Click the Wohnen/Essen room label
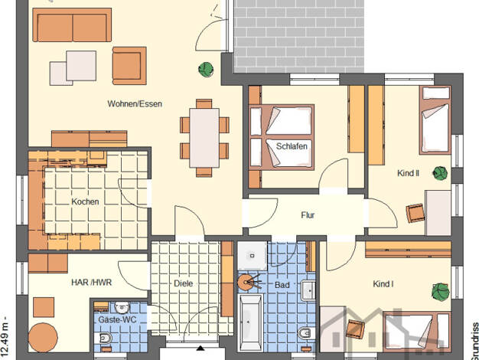(135, 104)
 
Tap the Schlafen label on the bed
(292, 146)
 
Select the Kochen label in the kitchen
(85, 202)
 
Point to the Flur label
(308, 215)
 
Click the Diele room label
(184, 283)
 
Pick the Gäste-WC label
(117, 320)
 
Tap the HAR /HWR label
(92, 283)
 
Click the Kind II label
(408, 173)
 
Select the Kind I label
(383, 284)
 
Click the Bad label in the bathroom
(282, 285)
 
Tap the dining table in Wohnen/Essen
(204, 138)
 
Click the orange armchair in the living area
(129, 65)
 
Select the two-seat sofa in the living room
(72, 25)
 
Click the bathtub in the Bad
(250, 322)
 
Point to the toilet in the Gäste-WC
(103, 338)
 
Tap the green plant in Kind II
(440, 173)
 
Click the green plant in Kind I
(441, 291)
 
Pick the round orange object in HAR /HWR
(43, 338)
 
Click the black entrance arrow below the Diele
(200, 348)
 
